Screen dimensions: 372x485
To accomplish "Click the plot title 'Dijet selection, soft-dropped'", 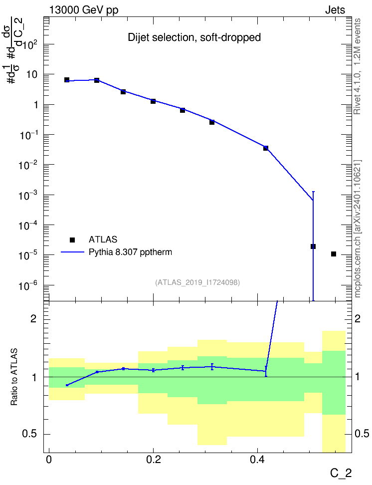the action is [x=194, y=37].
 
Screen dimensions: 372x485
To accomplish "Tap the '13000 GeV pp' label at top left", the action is [x=84, y=10].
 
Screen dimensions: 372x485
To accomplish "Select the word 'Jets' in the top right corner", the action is [x=335, y=10].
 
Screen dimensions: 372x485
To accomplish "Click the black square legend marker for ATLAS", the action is [x=72, y=240].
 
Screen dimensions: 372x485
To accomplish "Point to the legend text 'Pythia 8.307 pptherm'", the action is [x=130, y=252].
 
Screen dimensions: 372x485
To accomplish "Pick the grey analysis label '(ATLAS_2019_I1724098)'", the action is [x=197, y=282].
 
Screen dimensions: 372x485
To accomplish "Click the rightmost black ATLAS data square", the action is [x=333, y=254].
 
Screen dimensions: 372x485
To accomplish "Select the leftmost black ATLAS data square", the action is [x=67, y=80].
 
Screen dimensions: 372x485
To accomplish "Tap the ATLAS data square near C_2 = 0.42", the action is [x=266, y=148].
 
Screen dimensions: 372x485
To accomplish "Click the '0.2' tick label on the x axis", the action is [x=154, y=460].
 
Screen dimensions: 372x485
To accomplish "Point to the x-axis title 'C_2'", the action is [x=341, y=473].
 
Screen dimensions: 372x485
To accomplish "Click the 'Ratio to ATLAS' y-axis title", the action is [x=14, y=377].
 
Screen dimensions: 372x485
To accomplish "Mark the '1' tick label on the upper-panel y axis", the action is [x=36, y=105].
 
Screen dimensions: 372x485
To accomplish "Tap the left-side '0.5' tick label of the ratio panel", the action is [x=30, y=434].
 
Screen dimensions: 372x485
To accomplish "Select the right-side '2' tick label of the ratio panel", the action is [x=358, y=319].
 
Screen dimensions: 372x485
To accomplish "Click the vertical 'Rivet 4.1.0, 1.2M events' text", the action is [x=357, y=66].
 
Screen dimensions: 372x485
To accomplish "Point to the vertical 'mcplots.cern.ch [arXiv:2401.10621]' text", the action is [x=357, y=229].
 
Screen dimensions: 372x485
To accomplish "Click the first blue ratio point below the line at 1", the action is [x=67, y=385].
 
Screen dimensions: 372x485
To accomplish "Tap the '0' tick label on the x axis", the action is [x=49, y=460].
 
